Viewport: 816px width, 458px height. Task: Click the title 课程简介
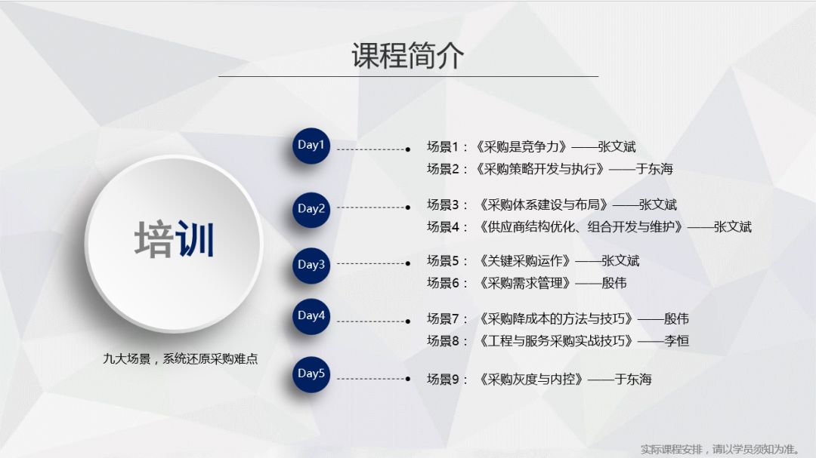tap(407, 55)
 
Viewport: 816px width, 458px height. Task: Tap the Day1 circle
tap(311, 146)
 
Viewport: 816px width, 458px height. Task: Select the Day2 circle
tap(311, 210)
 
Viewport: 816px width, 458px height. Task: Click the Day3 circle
tap(311, 265)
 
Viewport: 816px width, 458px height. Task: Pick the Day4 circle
tap(311, 316)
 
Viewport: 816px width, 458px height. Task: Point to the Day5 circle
tap(311, 373)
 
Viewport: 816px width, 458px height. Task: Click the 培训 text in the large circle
tap(175, 239)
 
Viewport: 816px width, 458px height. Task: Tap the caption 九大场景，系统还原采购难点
tap(180, 358)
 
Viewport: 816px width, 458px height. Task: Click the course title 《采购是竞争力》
tap(521, 146)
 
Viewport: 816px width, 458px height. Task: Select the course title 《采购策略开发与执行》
tap(540, 168)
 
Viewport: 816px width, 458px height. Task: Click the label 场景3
tap(444, 204)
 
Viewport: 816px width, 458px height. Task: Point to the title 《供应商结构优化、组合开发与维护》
tap(581, 226)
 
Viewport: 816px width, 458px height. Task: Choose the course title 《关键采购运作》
tap(525, 260)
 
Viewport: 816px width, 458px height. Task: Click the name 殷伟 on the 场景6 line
tap(614, 283)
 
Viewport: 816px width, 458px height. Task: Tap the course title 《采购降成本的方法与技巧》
tap(556, 318)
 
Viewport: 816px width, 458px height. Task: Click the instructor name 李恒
tap(676, 340)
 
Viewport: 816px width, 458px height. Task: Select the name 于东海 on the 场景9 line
tap(633, 379)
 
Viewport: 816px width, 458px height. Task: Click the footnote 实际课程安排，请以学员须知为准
tap(719, 449)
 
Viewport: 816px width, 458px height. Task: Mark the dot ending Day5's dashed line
tap(408, 379)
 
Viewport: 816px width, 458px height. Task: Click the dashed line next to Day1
tap(372, 149)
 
